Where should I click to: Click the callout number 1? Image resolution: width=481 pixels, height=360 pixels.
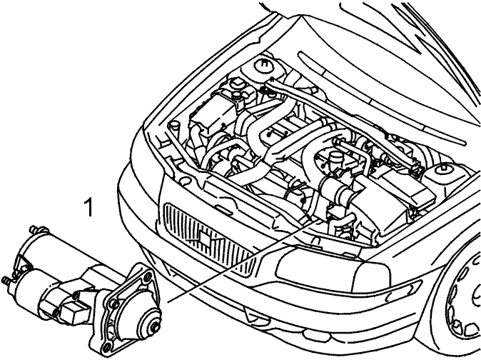[88, 207]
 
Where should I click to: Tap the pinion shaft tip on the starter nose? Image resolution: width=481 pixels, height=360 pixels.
[155, 328]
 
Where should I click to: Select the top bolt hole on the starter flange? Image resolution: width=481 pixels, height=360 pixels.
[148, 275]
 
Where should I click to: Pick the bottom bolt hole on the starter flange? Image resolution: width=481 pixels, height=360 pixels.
[106, 348]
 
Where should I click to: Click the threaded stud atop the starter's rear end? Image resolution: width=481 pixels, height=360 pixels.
[34, 229]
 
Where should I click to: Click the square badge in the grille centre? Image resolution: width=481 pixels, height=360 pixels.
[204, 238]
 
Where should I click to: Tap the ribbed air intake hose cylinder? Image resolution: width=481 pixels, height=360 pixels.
[340, 189]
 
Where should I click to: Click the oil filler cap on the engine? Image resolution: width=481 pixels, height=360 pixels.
[335, 159]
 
